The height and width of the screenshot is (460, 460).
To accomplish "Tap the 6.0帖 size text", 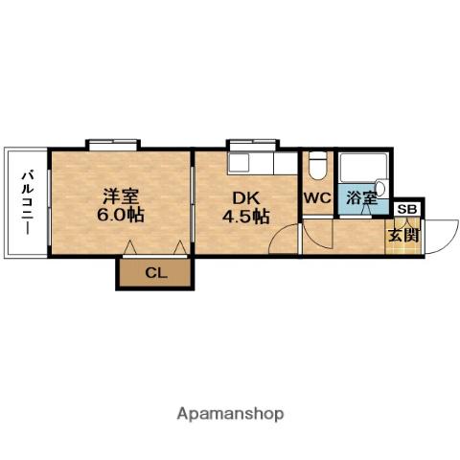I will point(121,216).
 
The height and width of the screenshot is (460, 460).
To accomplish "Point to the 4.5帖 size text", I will point(245,217).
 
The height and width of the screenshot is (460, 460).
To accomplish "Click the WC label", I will point(316,198).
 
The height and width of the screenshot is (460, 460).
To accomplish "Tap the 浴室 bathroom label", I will point(362,198).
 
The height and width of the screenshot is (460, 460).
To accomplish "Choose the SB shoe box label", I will point(406,209).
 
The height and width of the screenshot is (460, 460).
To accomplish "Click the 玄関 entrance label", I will point(402,235).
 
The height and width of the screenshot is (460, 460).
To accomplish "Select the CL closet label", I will point(155,273).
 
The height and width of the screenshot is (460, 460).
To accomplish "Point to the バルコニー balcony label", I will point(27,203).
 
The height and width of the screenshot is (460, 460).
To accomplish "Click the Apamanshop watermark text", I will point(230,414).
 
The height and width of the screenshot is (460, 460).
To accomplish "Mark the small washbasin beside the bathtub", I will point(380,188).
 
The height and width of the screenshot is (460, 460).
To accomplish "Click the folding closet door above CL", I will point(155,250).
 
